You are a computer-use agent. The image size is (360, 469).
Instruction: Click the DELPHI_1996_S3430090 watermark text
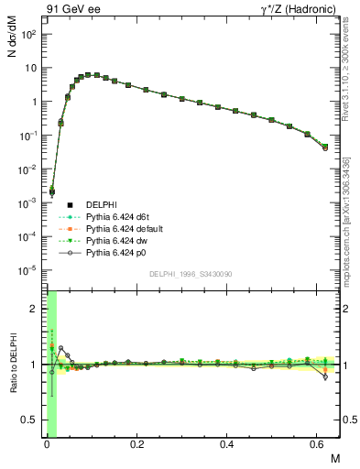click(x=191, y=274)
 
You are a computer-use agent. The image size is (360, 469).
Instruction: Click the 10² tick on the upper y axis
click(x=30, y=34)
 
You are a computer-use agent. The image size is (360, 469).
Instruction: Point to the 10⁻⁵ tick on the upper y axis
click(x=30, y=270)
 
